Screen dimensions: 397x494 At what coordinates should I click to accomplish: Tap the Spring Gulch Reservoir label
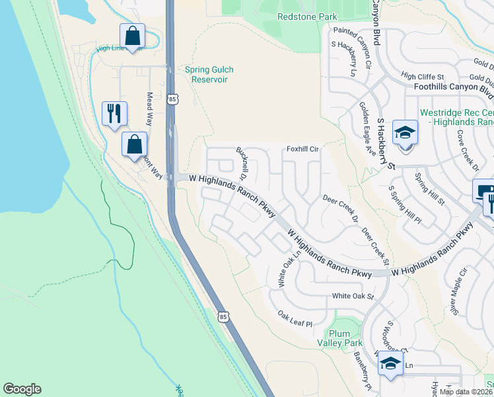pos(209,74)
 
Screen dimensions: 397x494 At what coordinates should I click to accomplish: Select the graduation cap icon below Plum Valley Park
pos(390,364)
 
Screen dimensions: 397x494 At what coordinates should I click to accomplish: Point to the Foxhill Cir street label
pos(302,150)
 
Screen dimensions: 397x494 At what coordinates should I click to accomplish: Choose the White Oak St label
pos(353,296)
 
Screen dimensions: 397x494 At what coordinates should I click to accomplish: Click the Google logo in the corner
pos(22,389)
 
